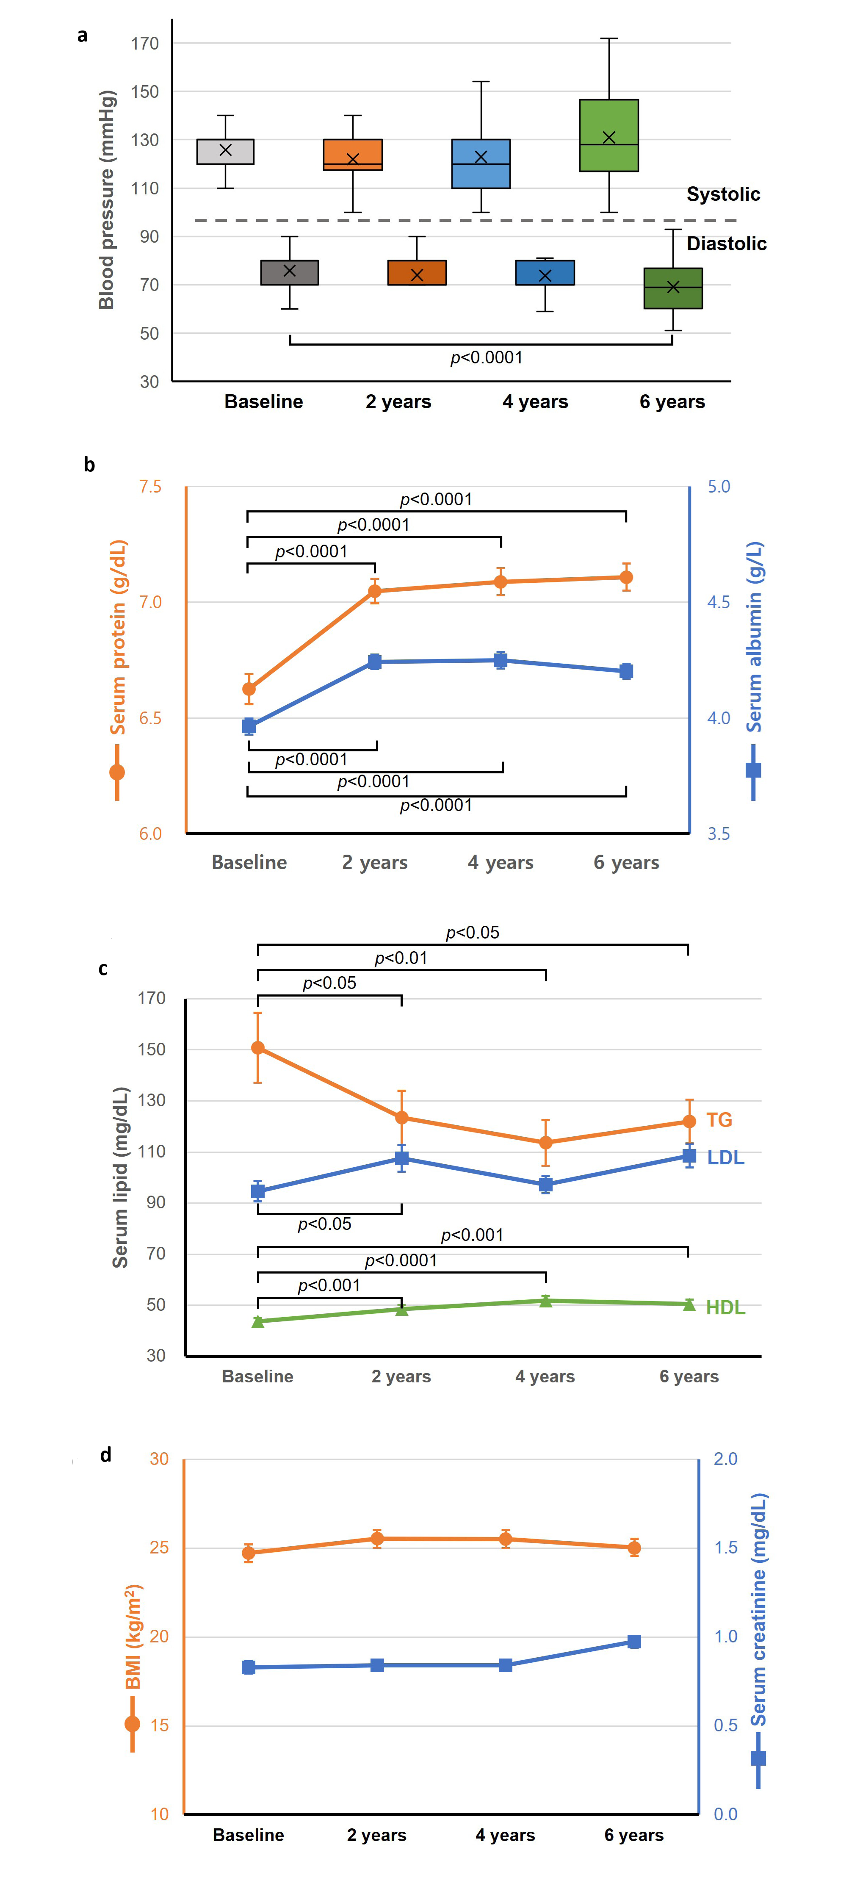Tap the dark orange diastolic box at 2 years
(417, 273)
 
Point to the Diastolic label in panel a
(726, 244)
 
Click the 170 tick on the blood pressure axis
(145, 43)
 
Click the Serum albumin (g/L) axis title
(755, 637)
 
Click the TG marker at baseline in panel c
(258, 1048)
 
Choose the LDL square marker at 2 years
(401, 1159)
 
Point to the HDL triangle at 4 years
(545, 1301)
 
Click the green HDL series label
(725, 1308)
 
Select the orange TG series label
(719, 1120)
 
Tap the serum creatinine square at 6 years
(633, 1642)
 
